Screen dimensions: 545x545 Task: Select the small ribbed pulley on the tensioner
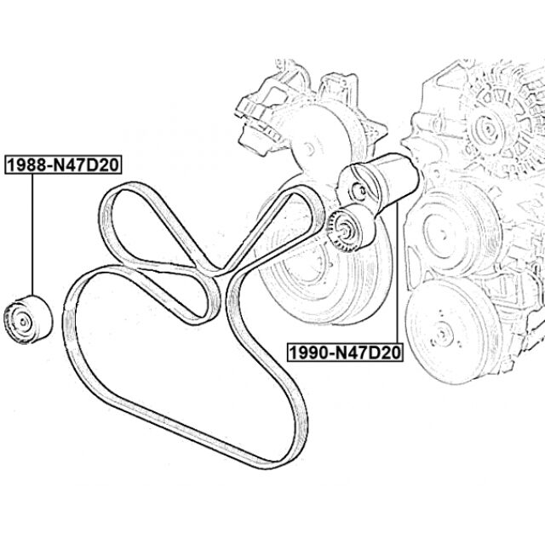pyautogui.click(x=347, y=228)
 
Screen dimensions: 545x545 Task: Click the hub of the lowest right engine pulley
pyautogui.click(x=443, y=333)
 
